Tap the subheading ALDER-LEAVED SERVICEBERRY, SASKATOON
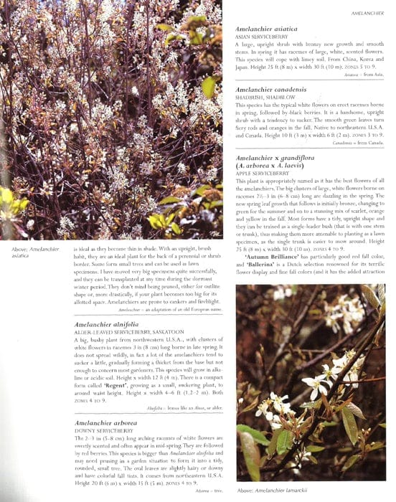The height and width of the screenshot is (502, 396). [126, 333]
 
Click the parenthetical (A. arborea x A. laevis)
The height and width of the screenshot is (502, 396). [278, 166]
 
